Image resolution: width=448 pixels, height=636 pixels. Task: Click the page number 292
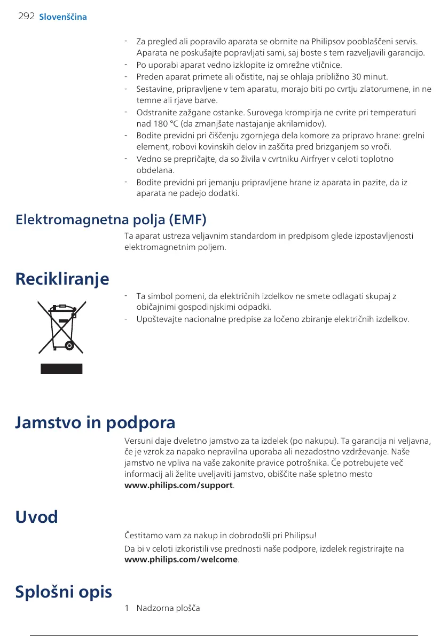[26, 17]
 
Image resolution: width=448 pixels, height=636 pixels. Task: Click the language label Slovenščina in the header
[63, 17]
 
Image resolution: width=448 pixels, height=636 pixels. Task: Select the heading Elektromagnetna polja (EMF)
[111, 219]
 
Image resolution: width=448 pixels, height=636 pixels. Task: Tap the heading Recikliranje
[62, 278]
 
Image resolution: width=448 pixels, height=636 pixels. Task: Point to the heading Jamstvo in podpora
[95, 423]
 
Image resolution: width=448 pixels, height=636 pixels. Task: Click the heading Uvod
[36, 516]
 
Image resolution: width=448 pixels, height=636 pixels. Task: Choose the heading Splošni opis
[64, 592]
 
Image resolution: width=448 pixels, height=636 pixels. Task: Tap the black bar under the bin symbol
[61, 368]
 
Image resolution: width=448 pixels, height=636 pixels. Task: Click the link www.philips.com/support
[178, 485]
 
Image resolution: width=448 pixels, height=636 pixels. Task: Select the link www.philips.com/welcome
[181, 560]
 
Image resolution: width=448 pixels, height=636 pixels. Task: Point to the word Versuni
[138, 442]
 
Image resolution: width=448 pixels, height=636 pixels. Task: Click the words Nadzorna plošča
[168, 608]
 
